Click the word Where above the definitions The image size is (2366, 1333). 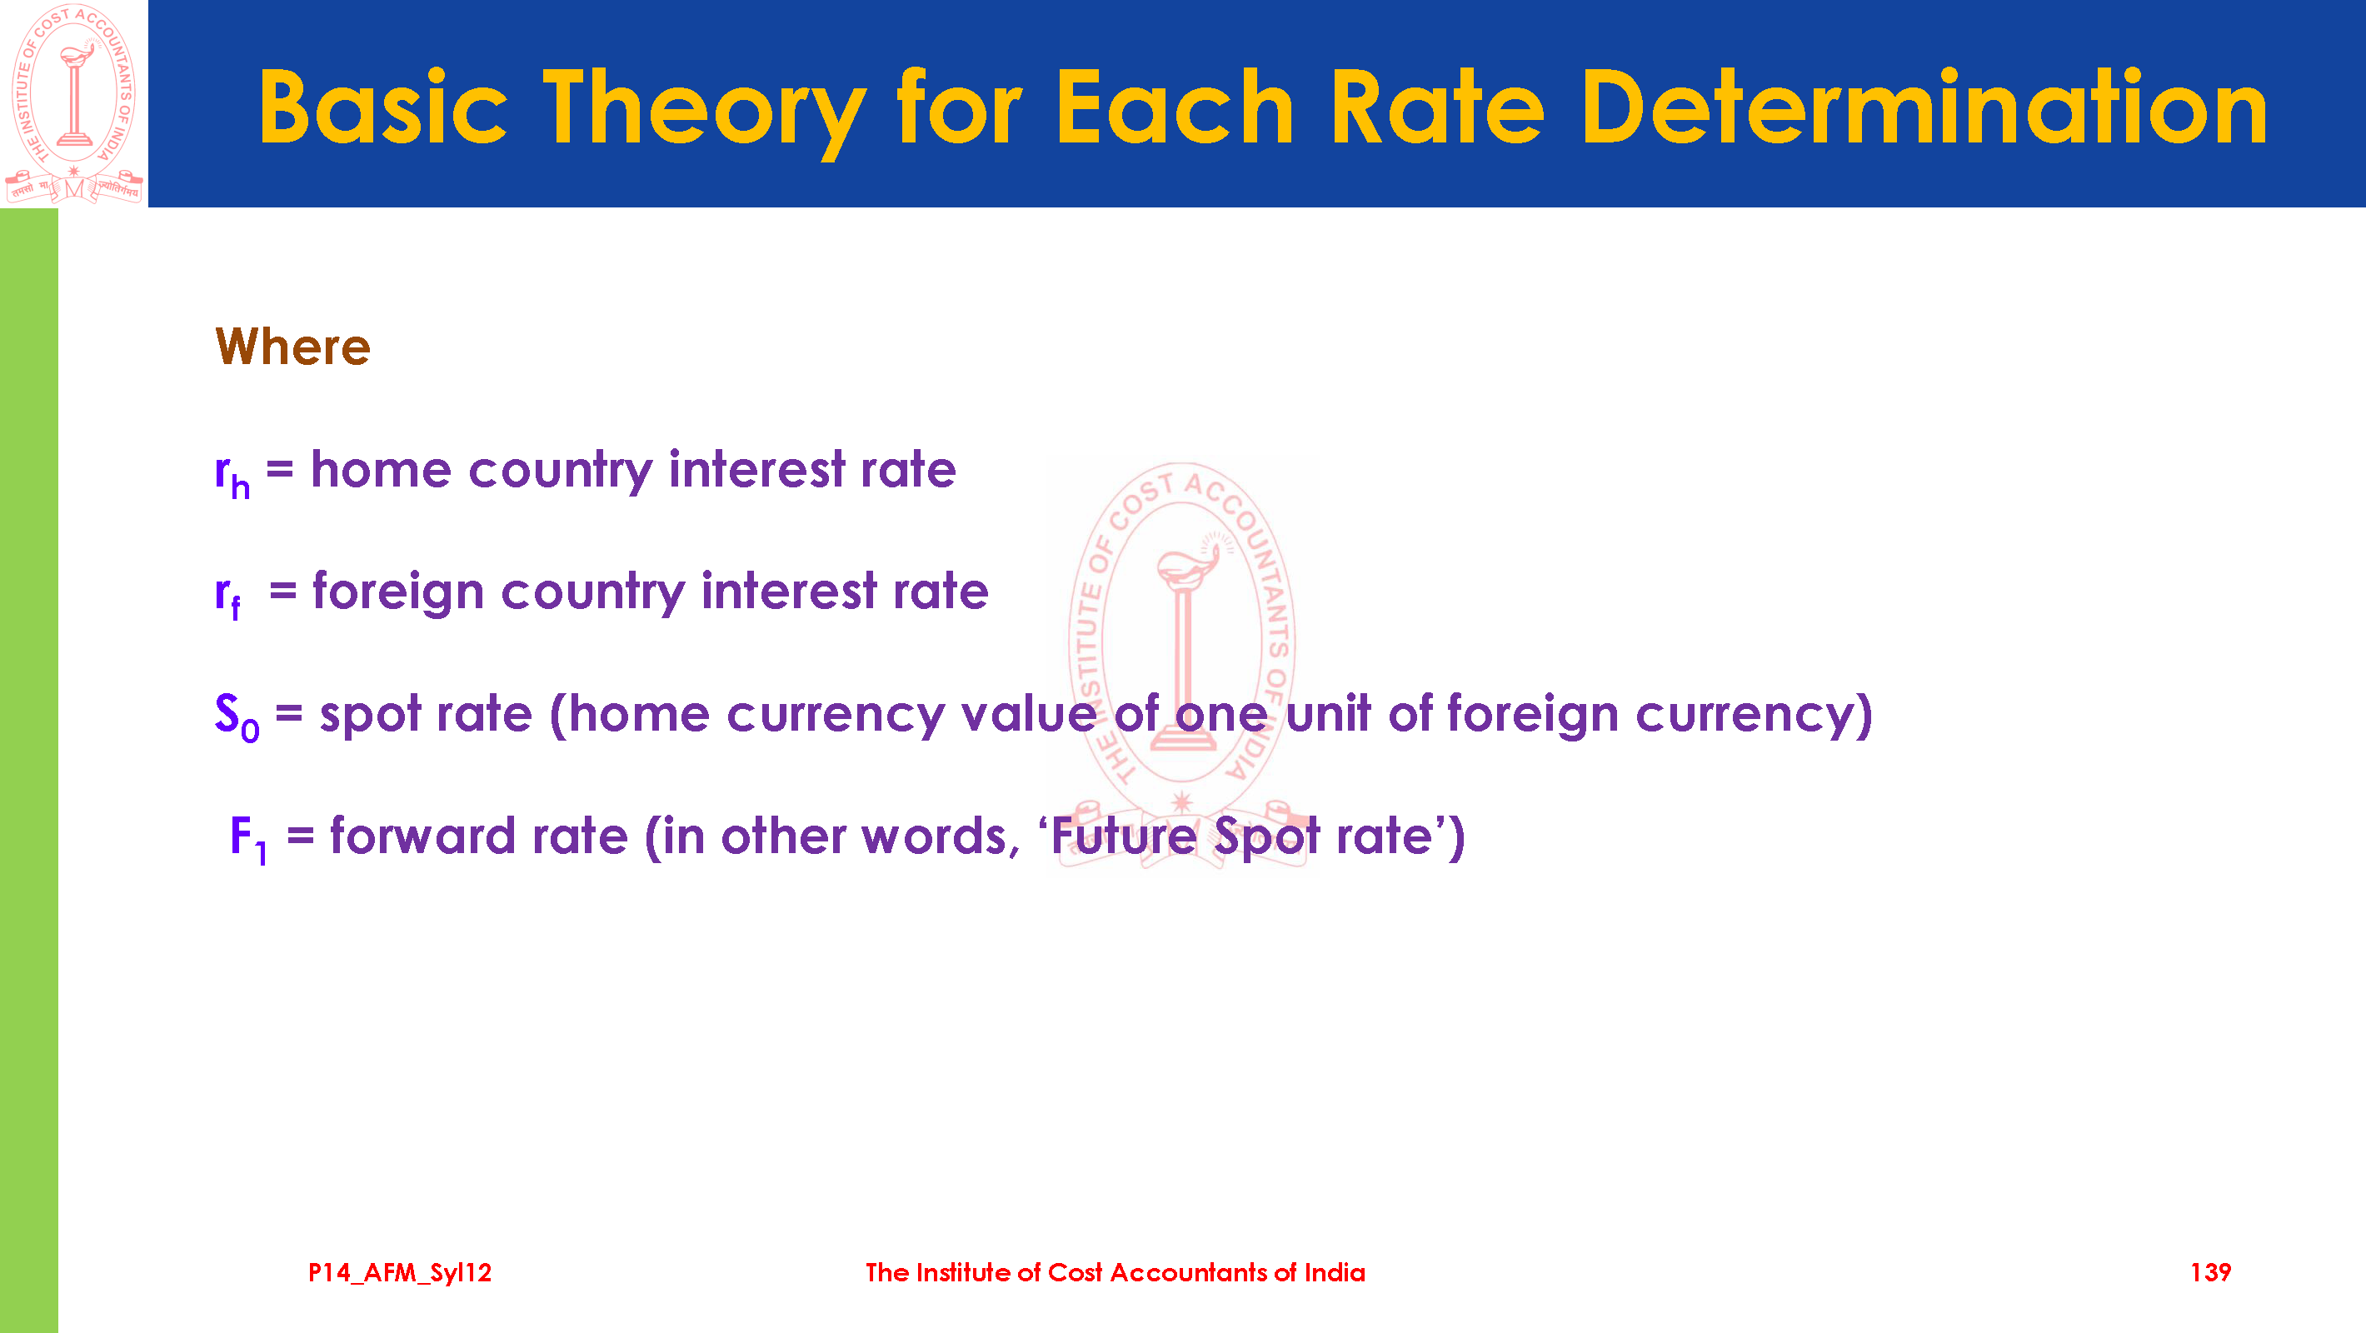pyautogui.click(x=292, y=347)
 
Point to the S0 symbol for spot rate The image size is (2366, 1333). pyautogui.click(x=237, y=716)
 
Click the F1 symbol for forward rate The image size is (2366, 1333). pyautogui.click(x=248, y=839)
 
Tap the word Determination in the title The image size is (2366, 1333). pyautogui.click(x=1924, y=107)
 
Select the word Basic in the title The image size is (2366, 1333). pyautogui.click(x=382, y=107)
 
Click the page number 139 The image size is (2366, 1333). pyautogui.click(x=2210, y=1272)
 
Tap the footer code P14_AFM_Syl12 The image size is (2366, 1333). pyautogui.click(x=400, y=1273)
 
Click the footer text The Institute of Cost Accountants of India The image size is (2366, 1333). pyautogui.click(x=1115, y=1272)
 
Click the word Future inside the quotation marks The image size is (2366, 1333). pyautogui.click(x=1123, y=836)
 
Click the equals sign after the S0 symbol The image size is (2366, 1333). pyautogui.click(x=289, y=714)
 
